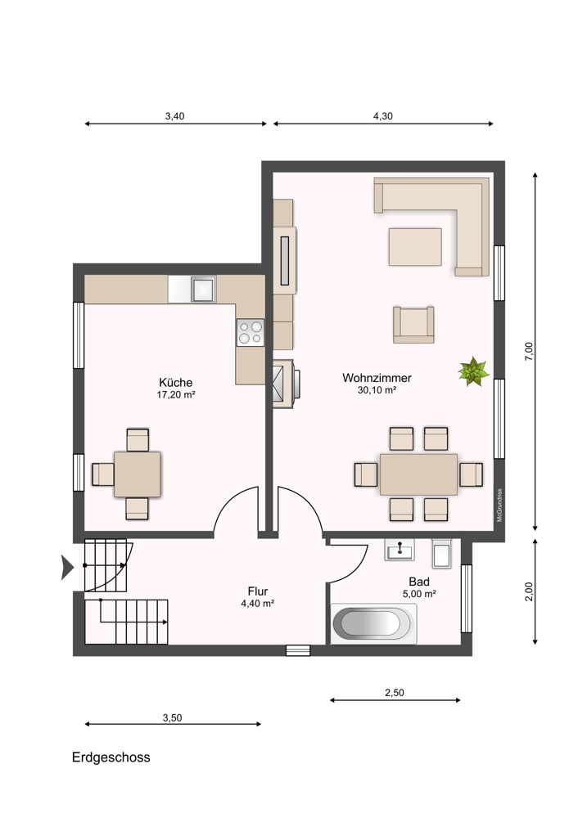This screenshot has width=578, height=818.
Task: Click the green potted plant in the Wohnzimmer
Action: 473,371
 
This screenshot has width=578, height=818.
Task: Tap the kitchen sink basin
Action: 203,290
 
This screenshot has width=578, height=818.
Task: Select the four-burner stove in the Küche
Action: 250,333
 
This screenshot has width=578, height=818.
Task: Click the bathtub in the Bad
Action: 374,623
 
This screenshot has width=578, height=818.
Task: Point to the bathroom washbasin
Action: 400,550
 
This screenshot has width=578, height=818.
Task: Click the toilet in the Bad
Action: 442,554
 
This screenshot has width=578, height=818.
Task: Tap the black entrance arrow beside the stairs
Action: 67,568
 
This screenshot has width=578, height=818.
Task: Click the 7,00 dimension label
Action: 529,351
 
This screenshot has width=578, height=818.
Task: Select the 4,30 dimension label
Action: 382,116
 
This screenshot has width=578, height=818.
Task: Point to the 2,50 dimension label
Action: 395,693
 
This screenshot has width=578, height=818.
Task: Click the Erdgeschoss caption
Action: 111,757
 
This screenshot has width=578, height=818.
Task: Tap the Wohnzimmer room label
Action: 377,378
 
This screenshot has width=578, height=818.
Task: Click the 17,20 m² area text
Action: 176,395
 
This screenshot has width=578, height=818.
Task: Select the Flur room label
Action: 258,591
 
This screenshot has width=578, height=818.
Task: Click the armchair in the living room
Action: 413,325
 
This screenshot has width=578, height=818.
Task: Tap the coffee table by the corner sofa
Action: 415,247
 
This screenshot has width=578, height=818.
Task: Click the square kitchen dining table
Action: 138,474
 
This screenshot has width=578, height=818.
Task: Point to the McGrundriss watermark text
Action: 499,505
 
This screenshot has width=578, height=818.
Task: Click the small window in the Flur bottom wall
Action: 298,650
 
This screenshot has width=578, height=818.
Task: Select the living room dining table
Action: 418,474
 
